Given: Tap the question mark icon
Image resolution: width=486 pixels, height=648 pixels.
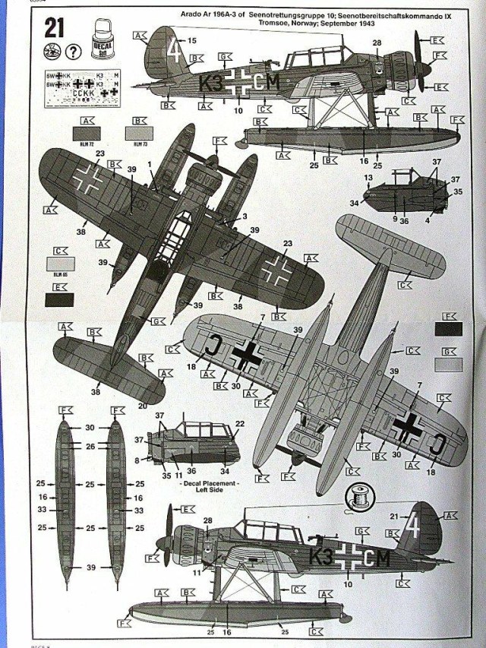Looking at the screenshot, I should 73,52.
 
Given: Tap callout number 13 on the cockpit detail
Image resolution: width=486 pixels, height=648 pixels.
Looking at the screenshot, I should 369,177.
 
